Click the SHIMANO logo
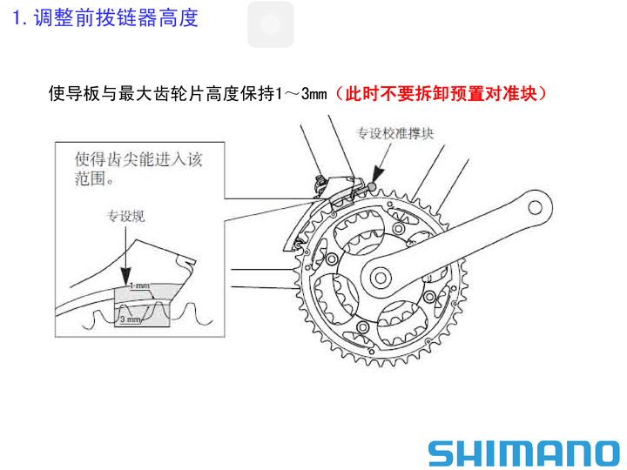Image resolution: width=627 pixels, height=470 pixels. click(524, 453)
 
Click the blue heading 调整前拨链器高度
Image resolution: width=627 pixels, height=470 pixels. click(116, 18)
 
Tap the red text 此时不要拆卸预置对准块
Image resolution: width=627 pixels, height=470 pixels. click(441, 93)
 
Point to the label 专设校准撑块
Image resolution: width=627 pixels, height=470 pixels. click(395, 133)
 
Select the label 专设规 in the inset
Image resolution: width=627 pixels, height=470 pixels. click(125, 216)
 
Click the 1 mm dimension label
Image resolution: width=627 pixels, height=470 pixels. click(139, 285)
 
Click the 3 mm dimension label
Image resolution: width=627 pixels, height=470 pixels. click(131, 319)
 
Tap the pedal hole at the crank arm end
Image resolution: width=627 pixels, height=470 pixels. click(535, 207)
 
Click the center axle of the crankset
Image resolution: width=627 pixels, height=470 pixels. click(381, 278)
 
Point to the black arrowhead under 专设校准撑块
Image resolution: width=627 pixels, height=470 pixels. click(377, 175)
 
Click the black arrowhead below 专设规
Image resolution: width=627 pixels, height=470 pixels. click(126, 277)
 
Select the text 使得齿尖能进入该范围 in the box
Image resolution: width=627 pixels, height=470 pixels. click(138, 169)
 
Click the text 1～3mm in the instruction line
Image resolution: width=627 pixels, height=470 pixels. click(301, 94)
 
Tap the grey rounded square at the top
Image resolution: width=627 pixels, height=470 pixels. click(270, 24)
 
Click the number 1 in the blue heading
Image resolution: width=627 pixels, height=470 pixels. click(17, 18)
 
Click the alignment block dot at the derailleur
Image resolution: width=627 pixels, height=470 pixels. click(372, 187)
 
